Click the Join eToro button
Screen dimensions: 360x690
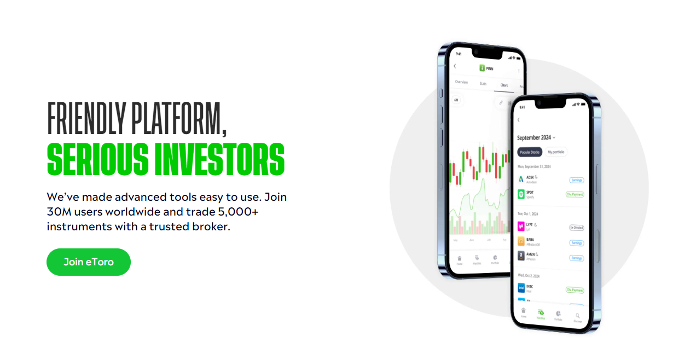tap(89, 262)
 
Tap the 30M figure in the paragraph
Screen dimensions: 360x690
tap(56, 212)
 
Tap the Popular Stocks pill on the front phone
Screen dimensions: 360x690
tap(529, 152)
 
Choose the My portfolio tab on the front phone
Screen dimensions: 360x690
tap(556, 152)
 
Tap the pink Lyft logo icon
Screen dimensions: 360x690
tap(521, 226)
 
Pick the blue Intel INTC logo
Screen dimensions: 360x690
tap(521, 288)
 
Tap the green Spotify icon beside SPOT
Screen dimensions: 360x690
tap(521, 194)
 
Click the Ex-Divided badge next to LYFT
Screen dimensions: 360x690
tap(576, 228)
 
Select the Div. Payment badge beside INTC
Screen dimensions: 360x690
tap(575, 290)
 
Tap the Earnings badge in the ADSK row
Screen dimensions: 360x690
tap(576, 180)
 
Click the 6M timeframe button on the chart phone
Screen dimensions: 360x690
tap(455, 100)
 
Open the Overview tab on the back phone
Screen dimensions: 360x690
tap(461, 82)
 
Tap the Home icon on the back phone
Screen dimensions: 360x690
tap(460, 259)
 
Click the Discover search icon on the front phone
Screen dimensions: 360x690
tap(577, 316)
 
